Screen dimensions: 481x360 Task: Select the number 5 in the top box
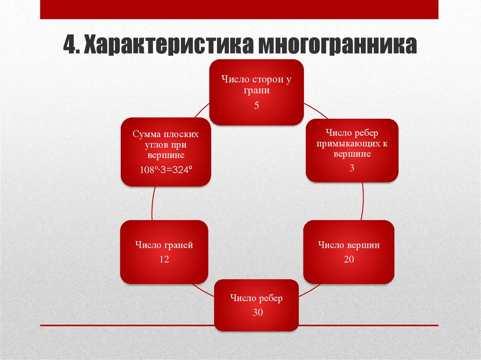[256, 106]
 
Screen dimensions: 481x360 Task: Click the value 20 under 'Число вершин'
[349, 259]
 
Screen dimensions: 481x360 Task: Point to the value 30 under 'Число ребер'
[257, 313]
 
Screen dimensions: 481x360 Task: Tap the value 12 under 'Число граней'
[164, 259]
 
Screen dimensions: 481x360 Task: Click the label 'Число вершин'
[349, 245]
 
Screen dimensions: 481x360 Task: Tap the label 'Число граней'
[164, 245]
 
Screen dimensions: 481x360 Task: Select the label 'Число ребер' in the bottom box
[256, 299]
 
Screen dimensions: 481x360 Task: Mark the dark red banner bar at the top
[239, 9]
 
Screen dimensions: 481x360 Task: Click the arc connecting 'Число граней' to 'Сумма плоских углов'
[152, 203]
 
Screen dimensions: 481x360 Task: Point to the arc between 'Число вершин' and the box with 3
[363, 201]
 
